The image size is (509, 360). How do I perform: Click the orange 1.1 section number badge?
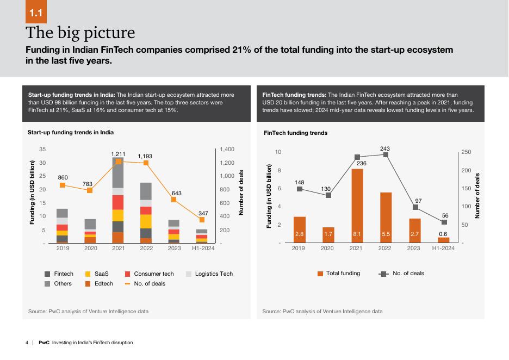coord(38,12)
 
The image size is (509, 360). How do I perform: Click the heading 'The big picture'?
coord(80,33)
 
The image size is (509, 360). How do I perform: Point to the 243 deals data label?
coord(385,148)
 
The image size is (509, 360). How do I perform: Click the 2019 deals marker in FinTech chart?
coord(300,189)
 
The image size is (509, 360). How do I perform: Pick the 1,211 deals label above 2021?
coord(118,154)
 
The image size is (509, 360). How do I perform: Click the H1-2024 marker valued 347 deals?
coord(202,220)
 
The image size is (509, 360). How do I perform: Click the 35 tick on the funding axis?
coord(42,150)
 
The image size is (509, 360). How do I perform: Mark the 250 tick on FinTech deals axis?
coord(466,152)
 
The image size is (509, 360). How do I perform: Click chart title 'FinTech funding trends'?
coord(295,133)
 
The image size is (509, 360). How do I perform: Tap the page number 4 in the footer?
coord(27,343)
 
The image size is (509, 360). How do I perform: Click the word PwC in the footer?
coord(44,343)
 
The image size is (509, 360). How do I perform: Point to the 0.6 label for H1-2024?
coord(443,233)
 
